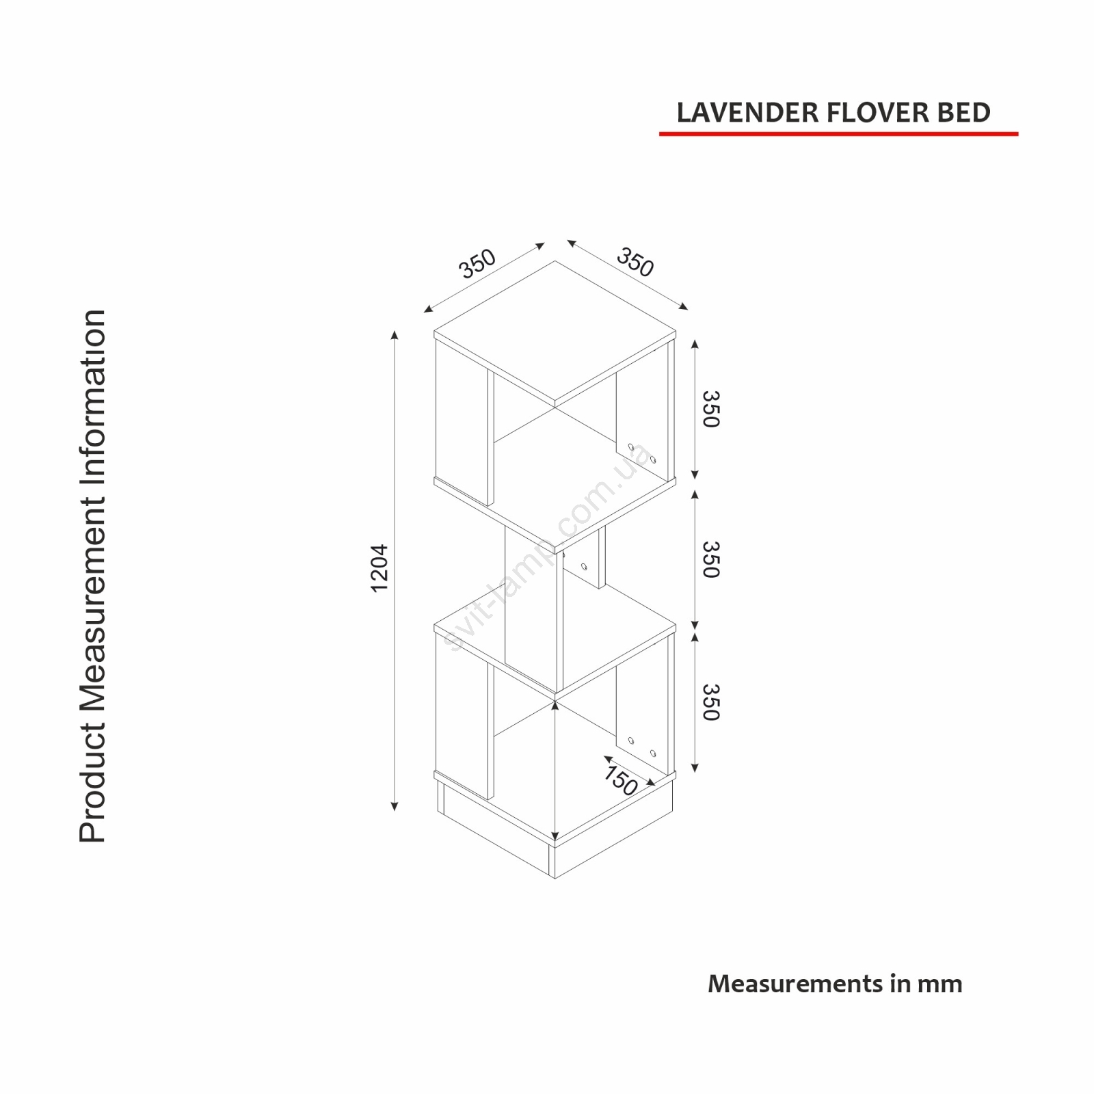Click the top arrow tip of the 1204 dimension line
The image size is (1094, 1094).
(395, 330)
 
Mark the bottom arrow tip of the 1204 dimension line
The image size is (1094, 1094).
(395, 811)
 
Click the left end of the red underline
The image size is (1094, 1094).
(660, 134)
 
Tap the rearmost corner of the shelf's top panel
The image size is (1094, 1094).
(555, 261)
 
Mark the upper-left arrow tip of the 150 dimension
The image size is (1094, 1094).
(604, 757)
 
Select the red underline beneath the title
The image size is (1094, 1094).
(839, 134)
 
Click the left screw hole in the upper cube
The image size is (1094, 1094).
(630, 447)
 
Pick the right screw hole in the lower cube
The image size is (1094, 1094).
(653, 753)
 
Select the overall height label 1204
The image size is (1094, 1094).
(380, 568)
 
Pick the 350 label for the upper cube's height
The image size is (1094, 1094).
(712, 409)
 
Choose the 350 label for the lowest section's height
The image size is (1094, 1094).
(712, 702)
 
